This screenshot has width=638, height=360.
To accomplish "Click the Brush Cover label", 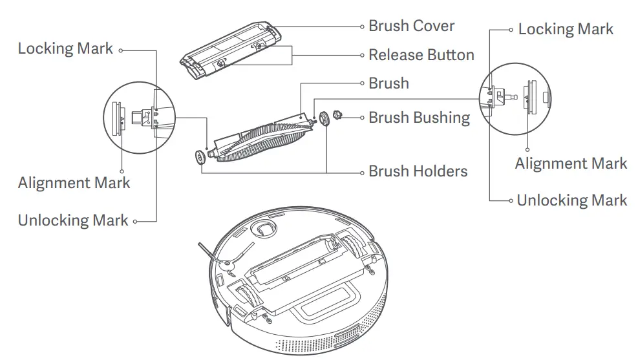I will pyautogui.click(x=411, y=26).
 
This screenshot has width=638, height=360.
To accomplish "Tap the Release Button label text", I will pyautogui.click(x=421, y=55).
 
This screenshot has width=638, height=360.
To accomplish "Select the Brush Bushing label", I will pyautogui.click(x=419, y=118).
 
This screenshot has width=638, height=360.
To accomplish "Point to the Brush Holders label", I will pyautogui.click(x=418, y=171).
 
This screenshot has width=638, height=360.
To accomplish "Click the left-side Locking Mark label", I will pyautogui.click(x=65, y=48).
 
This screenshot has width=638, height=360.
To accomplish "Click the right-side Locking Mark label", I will pyautogui.click(x=566, y=29).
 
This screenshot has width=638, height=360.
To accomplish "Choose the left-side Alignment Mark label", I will pyautogui.click(x=74, y=183).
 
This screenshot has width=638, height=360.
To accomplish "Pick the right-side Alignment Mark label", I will pyautogui.click(x=571, y=164).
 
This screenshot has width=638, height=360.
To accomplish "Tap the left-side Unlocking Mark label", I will pyautogui.click(x=73, y=220).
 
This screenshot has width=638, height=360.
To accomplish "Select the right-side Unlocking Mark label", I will pyautogui.click(x=571, y=200).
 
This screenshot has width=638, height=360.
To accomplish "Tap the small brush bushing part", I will pyautogui.click(x=337, y=116).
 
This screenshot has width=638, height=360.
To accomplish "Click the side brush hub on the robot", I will pyautogui.click(x=227, y=264).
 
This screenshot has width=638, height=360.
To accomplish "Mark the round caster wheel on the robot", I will pyautogui.click(x=262, y=228).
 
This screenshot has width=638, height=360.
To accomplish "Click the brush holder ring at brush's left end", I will pyautogui.click(x=200, y=157).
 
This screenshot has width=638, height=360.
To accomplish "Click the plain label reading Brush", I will pyautogui.click(x=388, y=83).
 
